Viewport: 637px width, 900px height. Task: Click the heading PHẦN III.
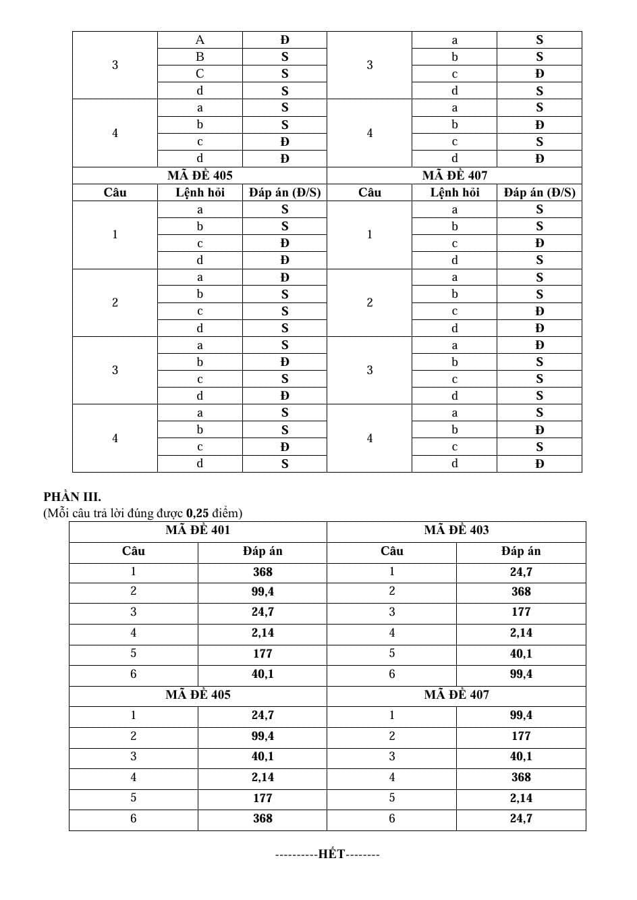coord(72,498)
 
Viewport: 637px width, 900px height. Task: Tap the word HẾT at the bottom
coord(331,854)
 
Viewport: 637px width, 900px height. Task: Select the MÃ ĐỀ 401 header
coord(198,530)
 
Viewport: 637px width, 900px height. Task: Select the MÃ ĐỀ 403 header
coord(456,530)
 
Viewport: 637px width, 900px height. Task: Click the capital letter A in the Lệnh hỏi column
coord(200,40)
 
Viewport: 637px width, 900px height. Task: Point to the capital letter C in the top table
coord(200,74)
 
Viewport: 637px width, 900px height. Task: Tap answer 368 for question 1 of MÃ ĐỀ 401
coord(262,572)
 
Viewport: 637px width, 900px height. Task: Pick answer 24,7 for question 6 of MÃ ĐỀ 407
coord(521,818)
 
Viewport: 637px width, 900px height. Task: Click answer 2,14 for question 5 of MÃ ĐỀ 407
coord(521,798)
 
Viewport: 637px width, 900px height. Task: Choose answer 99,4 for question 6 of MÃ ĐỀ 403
coord(521,674)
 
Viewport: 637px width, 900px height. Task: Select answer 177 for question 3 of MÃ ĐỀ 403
coord(521,612)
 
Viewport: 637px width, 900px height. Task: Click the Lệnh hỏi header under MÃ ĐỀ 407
coord(455,192)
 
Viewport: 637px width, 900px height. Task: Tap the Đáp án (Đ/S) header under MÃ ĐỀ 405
coord(285,192)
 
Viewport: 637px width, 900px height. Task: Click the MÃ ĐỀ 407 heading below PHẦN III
coord(456,695)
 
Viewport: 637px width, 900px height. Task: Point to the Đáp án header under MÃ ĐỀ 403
coord(521,551)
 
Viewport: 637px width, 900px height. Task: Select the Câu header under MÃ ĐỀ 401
coord(134,551)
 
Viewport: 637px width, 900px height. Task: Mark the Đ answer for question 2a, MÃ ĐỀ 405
coord(285,277)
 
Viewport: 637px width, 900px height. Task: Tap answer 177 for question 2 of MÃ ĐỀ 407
coord(521,736)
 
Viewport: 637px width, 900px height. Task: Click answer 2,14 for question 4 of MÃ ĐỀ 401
coord(262,633)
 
